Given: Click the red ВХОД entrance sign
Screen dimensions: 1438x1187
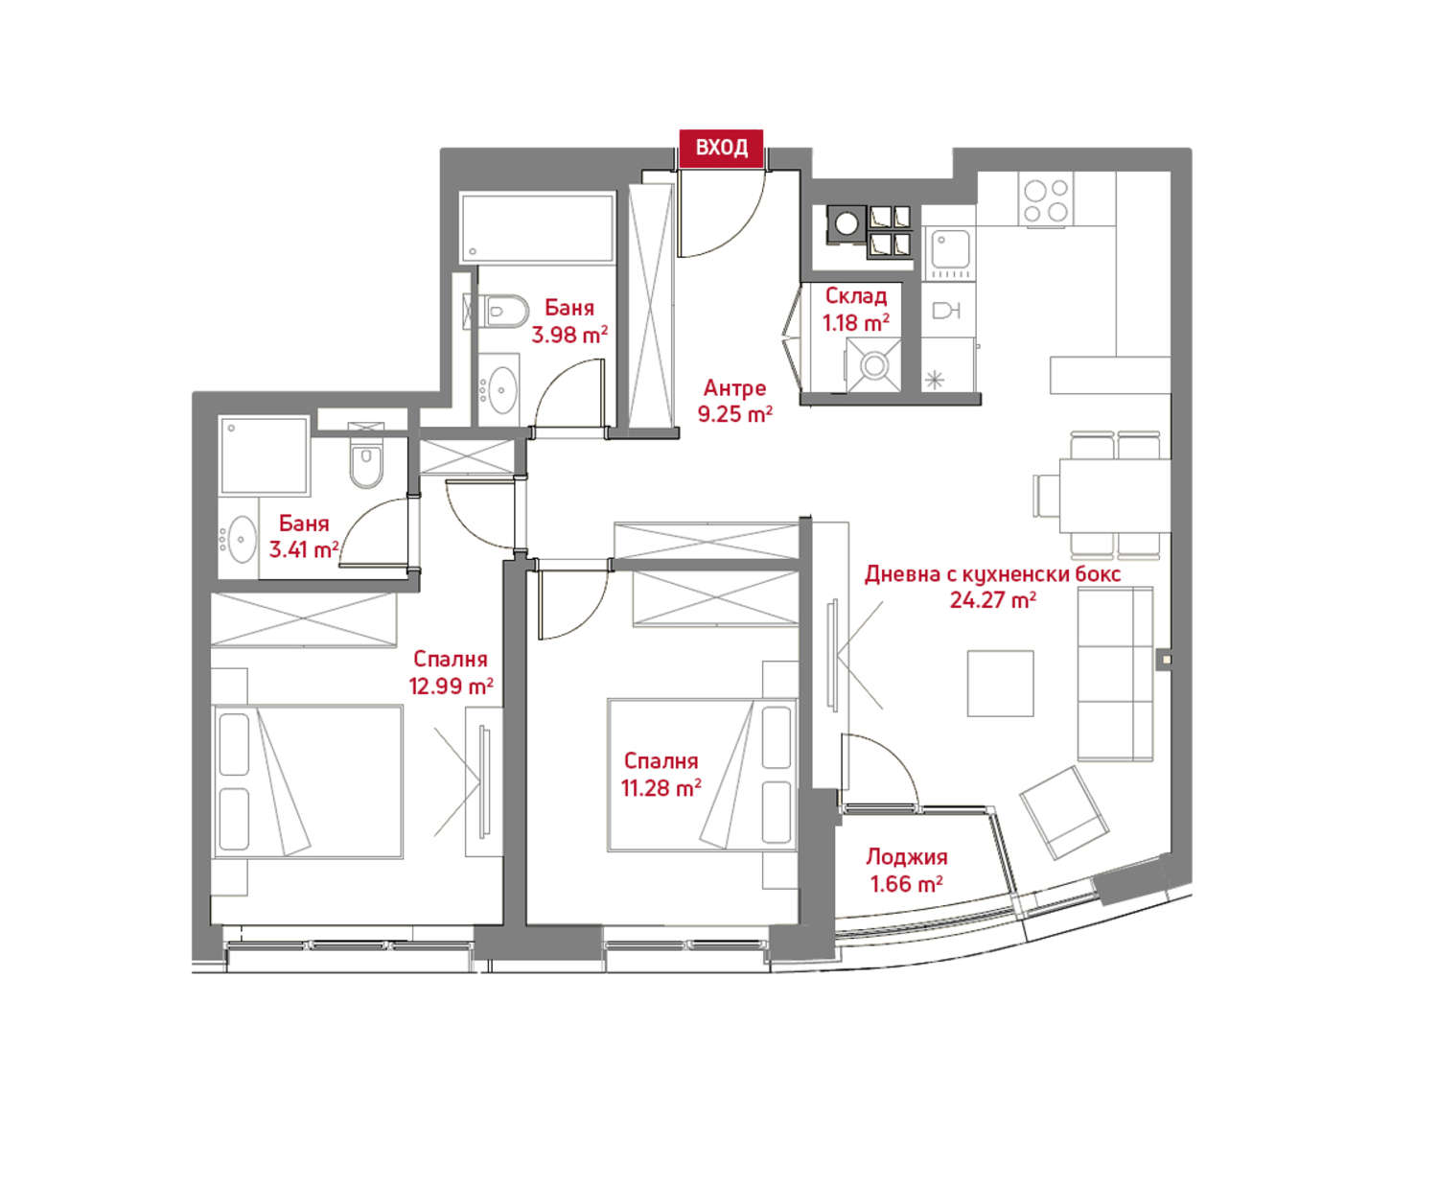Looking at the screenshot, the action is (721, 148).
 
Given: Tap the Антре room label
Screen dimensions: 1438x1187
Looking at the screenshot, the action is (734, 388).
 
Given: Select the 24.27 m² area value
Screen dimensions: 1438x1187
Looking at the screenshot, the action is (992, 599).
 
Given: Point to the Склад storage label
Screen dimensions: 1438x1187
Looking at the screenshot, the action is (856, 296).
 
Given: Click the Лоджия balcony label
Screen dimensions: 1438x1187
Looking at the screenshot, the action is (906, 856).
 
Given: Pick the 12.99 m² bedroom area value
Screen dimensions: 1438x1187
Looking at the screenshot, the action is (451, 687).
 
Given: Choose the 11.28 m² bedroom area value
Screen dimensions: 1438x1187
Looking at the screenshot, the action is (661, 787).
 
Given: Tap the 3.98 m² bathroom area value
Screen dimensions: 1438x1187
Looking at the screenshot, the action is (568, 335).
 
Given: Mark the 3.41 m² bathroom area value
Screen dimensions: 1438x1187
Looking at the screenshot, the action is (303, 549).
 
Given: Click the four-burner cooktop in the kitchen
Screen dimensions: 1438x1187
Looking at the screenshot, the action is (1046, 199).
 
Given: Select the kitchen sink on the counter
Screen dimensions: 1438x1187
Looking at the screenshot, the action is (950, 253).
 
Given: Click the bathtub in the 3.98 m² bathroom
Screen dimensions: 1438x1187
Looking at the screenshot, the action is (537, 228).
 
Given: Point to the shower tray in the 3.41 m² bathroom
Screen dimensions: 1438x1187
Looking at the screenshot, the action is (264, 454).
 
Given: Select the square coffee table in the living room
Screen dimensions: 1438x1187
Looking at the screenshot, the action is (1000, 684).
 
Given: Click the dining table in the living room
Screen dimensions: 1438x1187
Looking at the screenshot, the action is (1114, 496).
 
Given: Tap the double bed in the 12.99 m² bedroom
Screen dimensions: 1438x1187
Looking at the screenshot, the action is (307, 781).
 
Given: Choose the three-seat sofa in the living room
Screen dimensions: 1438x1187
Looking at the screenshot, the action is (1115, 674).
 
